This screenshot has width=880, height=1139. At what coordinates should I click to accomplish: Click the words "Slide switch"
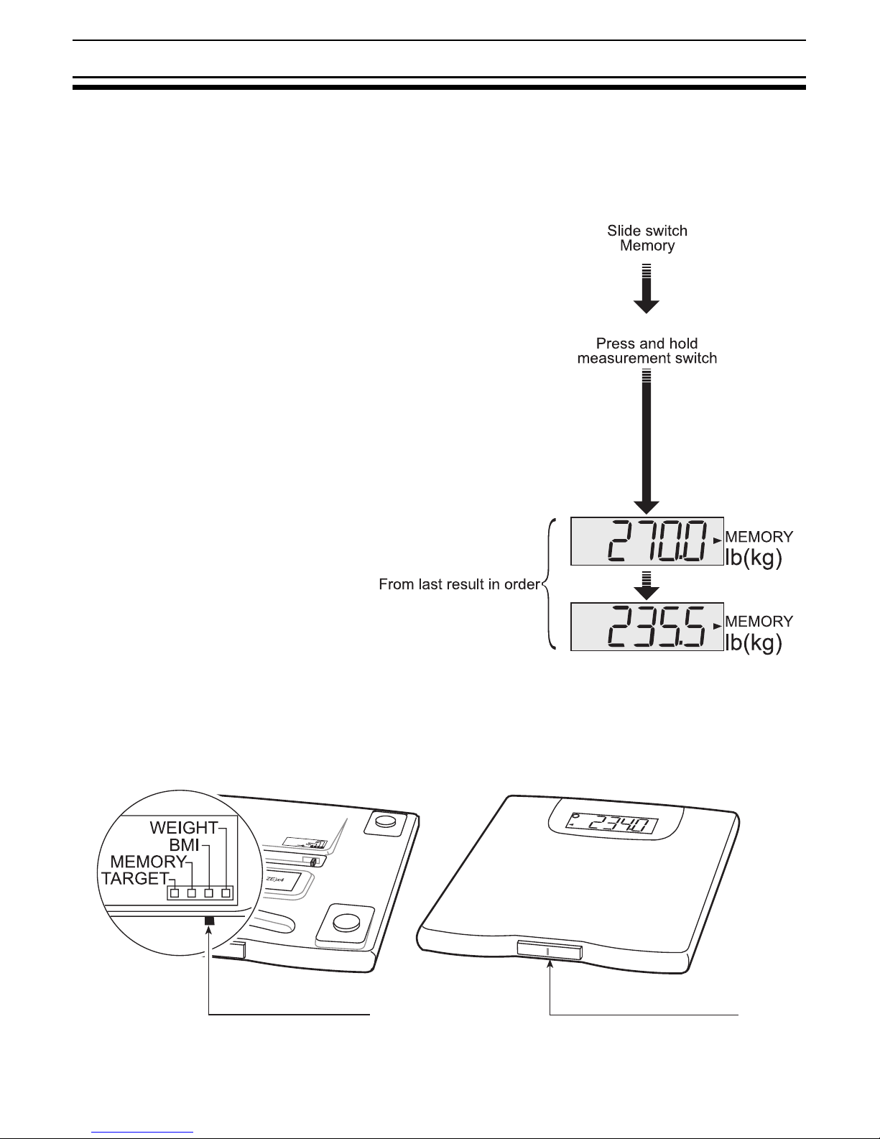point(647,231)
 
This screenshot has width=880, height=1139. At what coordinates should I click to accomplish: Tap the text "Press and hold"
point(647,343)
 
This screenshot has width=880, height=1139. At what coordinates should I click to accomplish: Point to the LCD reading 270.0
point(647,541)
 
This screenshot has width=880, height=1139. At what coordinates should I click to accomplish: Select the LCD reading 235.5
point(647,627)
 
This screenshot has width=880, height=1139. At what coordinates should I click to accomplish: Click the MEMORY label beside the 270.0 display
point(759,536)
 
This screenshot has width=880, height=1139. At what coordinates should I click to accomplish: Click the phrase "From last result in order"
point(458,585)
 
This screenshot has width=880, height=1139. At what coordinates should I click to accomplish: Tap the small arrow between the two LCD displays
point(647,586)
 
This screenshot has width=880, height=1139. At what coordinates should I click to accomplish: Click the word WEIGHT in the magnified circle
point(183,827)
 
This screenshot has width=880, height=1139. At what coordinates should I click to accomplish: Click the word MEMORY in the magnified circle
point(148,861)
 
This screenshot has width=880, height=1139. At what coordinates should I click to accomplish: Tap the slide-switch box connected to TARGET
point(175,893)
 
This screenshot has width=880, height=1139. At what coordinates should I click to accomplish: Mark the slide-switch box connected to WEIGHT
point(226,893)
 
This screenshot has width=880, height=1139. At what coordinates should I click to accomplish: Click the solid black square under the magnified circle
point(209,921)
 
